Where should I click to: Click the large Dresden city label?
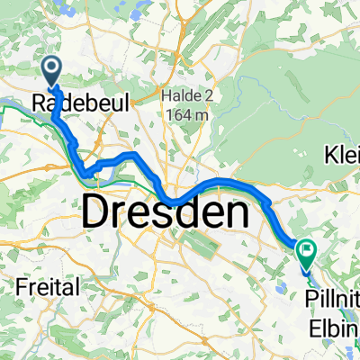166,213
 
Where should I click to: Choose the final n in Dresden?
236,213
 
